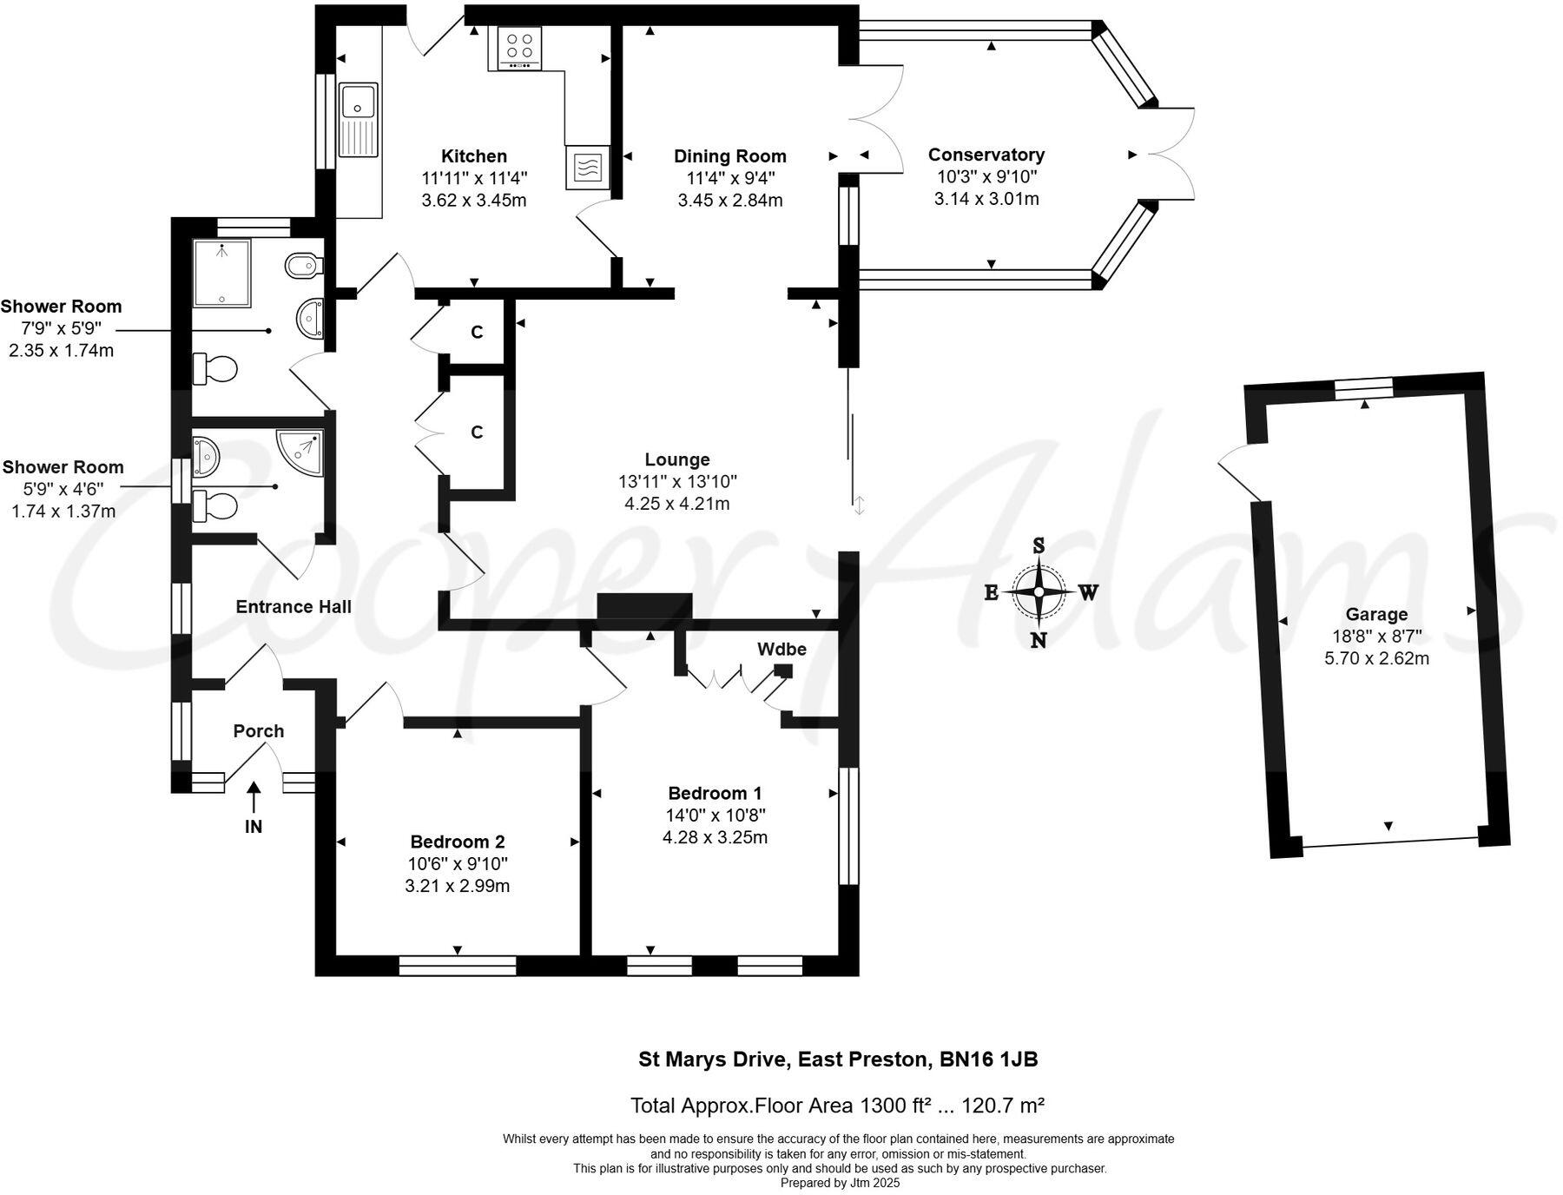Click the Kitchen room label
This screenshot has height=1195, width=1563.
tap(474, 156)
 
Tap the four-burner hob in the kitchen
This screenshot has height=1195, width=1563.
tap(520, 48)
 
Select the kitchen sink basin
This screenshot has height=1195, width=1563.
tap(358, 101)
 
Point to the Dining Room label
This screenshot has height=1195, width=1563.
tap(730, 156)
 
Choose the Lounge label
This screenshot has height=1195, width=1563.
tap(677, 459)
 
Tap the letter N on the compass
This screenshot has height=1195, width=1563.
tap(1039, 641)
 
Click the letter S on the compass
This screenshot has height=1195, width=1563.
tap(1039, 545)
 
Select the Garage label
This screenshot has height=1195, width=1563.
tap(1376, 615)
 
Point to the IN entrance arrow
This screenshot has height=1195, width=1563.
tap(254, 797)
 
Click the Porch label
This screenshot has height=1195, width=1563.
tap(259, 731)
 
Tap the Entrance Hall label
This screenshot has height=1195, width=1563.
tap(293, 607)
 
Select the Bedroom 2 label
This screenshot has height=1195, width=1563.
tap(458, 842)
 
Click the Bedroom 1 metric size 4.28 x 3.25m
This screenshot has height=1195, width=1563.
tap(715, 838)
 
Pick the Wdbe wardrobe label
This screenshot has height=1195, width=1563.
tap(781, 649)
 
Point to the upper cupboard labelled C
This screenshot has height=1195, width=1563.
tap(477, 333)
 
